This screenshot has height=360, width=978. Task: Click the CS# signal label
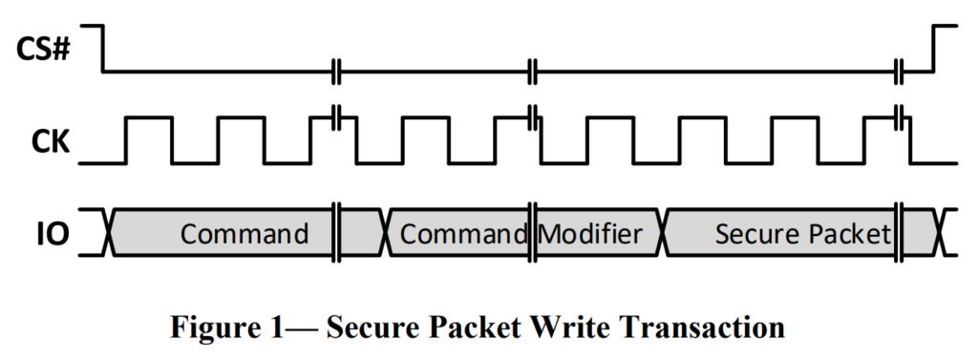[x=42, y=49]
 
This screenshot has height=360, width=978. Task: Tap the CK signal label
[x=50, y=142]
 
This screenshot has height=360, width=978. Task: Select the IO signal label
[x=53, y=234]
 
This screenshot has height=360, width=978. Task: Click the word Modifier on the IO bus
[x=590, y=234]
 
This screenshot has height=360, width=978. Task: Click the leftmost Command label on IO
[x=244, y=234]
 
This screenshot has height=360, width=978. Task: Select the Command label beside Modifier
[x=463, y=234]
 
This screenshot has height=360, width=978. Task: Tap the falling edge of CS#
[x=103, y=49]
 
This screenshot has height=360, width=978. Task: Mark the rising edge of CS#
[x=933, y=49]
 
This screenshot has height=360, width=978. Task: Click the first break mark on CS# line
[x=336, y=72]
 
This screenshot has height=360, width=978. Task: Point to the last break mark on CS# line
[x=899, y=72]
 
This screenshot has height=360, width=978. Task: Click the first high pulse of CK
[x=149, y=117]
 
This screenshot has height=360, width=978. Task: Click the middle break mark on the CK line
[x=533, y=117]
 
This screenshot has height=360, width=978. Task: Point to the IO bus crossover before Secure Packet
[x=664, y=232]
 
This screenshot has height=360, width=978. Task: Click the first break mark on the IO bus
[x=336, y=232]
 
